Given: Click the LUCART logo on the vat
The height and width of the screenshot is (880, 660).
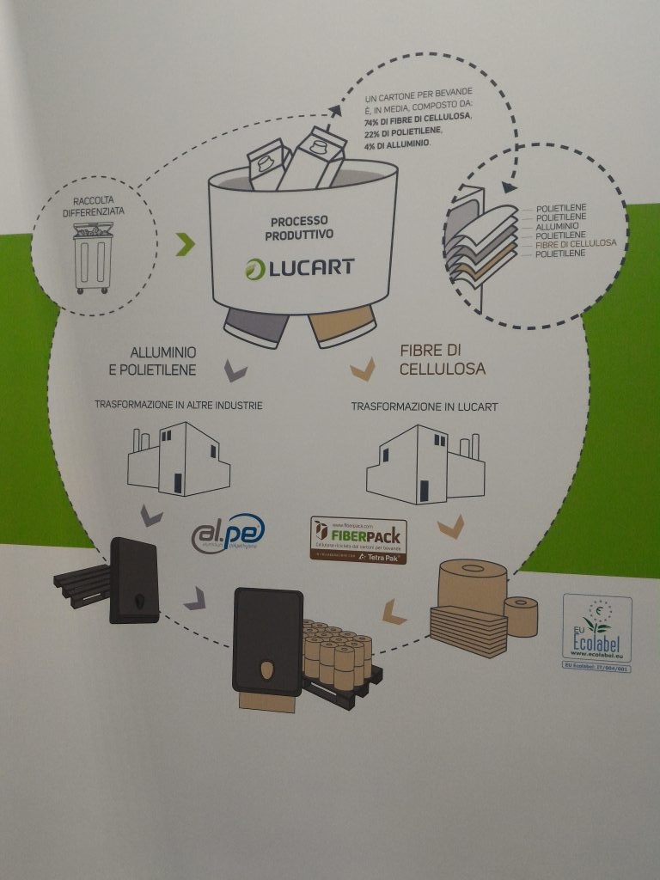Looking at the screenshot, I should tap(298, 266).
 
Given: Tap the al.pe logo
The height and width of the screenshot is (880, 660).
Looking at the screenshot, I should tap(228, 533).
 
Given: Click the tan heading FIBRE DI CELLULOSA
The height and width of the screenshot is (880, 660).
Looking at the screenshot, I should tap(442, 359).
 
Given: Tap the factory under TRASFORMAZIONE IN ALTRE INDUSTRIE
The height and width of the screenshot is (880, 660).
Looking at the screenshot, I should tap(178, 458).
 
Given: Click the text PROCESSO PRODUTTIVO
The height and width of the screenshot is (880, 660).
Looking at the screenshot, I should tap(300, 226).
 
